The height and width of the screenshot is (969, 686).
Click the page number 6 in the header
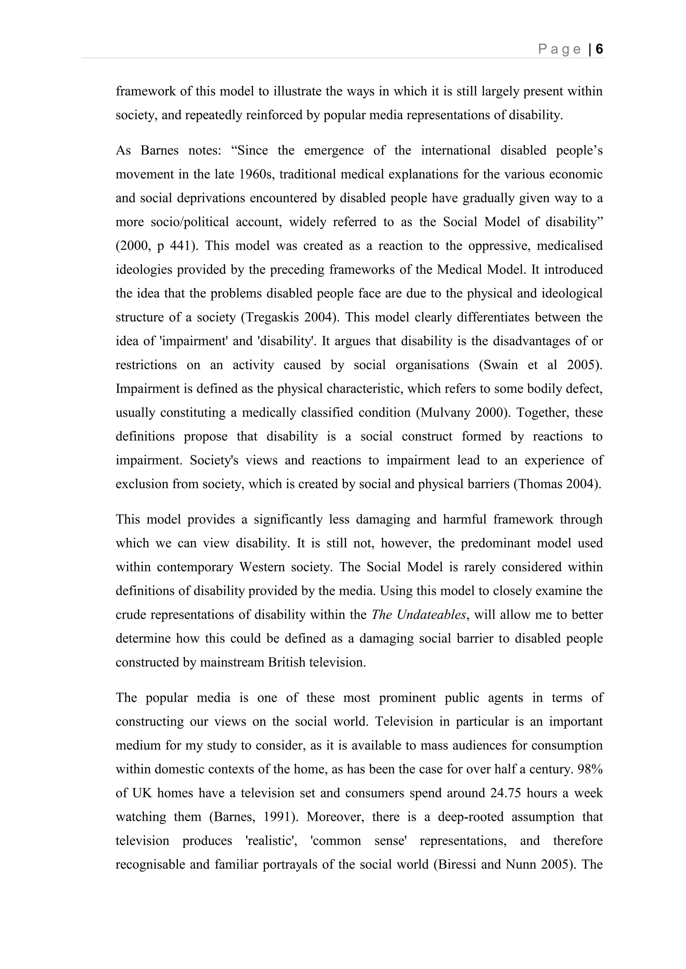coord(599,50)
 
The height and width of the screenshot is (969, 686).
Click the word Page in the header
coord(560,50)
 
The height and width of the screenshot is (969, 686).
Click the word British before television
coord(286,662)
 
